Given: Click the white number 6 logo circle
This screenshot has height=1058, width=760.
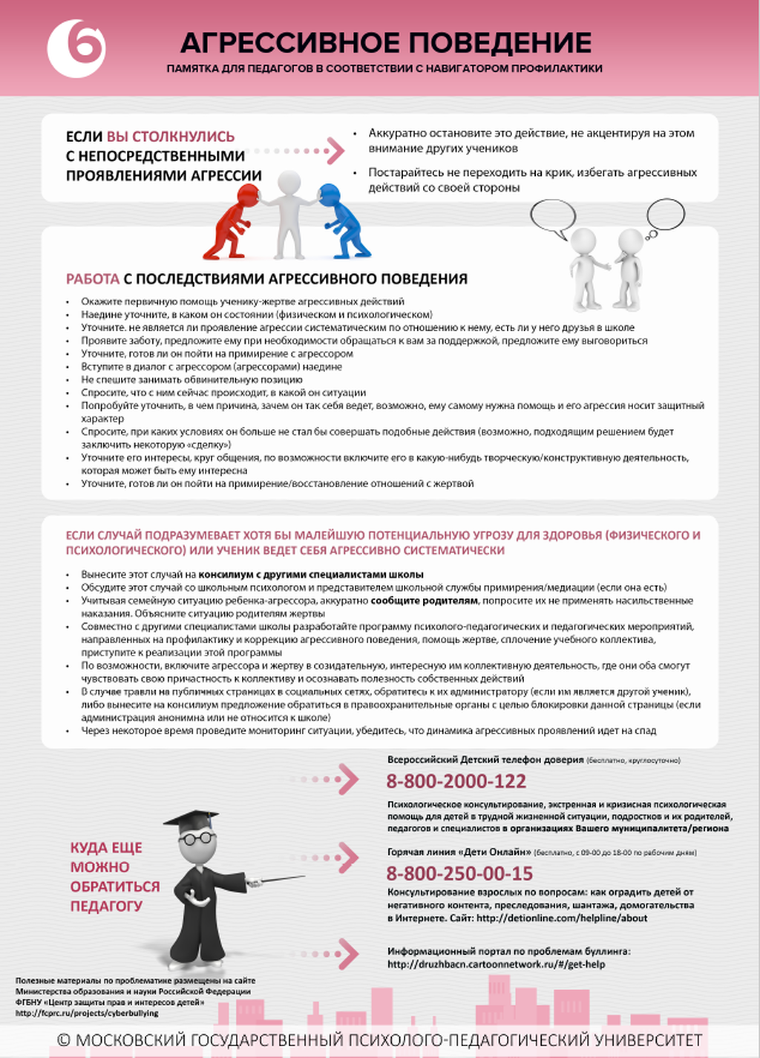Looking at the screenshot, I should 76,48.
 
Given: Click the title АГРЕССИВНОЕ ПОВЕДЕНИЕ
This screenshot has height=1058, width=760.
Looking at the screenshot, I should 385,43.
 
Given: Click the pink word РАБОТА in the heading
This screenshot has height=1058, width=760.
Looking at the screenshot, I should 93,279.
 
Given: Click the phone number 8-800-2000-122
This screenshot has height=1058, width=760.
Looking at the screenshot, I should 456,781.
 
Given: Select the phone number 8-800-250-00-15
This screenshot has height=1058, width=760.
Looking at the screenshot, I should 459,873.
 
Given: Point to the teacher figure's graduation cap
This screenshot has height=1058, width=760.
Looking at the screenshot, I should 191,820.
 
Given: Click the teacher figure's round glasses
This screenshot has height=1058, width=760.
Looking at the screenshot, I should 197,838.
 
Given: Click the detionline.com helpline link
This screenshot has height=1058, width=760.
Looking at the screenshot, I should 561,918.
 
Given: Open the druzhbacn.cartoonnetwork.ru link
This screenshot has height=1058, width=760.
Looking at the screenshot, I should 496,964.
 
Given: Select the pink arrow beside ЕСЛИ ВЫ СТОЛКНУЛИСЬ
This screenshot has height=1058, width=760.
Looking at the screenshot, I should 334,151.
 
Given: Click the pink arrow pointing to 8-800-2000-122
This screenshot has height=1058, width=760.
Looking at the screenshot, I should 345,779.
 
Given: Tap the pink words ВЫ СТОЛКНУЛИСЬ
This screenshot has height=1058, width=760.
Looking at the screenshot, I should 171,137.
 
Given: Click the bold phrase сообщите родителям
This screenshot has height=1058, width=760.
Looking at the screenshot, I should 425,601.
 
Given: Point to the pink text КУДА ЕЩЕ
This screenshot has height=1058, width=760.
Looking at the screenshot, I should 106,848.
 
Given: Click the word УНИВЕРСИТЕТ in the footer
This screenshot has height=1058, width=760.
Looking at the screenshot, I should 643,1040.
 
